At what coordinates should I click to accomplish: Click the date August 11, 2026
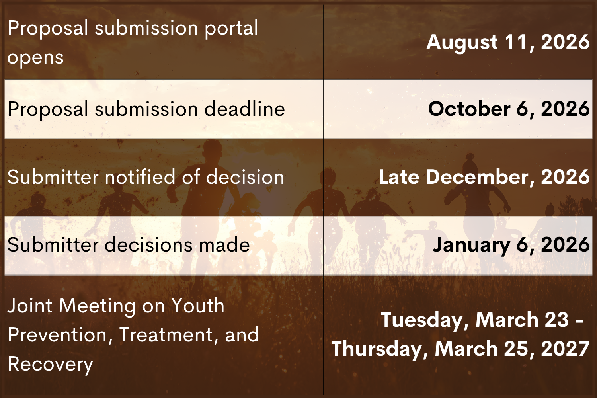click(508, 43)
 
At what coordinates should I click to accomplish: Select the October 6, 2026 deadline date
click(509, 109)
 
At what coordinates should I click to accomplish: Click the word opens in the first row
click(35, 58)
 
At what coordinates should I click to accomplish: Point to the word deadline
click(245, 109)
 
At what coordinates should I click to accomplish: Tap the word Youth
click(197, 306)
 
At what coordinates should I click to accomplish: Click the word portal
click(231, 28)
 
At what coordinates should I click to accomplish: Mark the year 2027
click(565, 349)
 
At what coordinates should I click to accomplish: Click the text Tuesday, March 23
click(475, 320)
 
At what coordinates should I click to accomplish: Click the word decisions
click(148, 244)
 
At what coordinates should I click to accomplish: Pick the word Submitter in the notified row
click(53, 176)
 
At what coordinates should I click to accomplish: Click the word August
click(462, 43)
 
